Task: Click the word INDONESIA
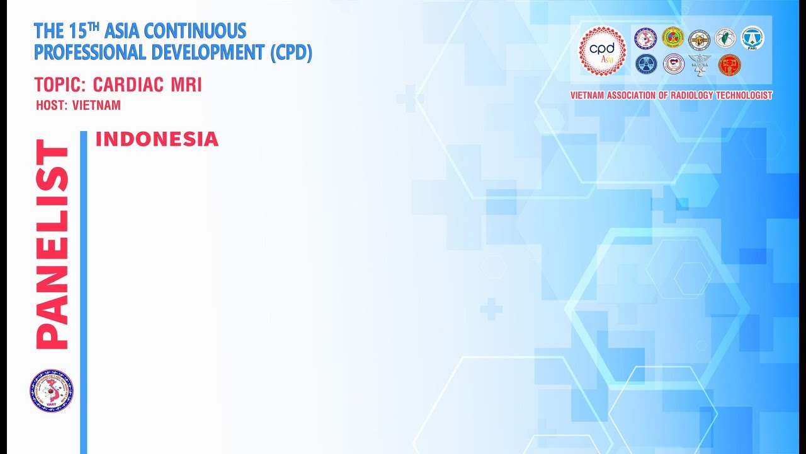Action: (x=157, y=139)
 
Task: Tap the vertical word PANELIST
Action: (x=52, y=244)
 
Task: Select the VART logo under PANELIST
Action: (x=51, y=391)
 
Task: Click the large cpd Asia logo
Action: (x=603, y=50)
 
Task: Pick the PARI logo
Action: (x=752, y=38)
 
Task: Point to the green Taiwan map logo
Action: (x=725, y=38)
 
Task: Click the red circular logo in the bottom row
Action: (x=729, y=64)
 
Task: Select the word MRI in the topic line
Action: (x=188, y=85)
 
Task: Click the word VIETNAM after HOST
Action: (x=96, y=105)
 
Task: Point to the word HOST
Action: (x=51, y=105)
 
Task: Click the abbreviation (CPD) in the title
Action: (x=291, y=52)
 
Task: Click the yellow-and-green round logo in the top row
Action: (x=673, y=38)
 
